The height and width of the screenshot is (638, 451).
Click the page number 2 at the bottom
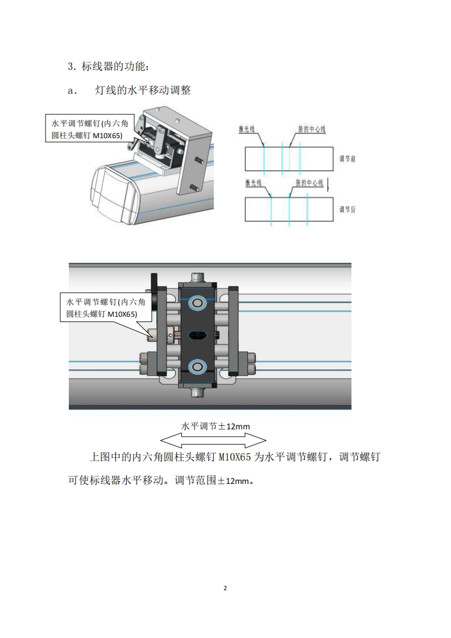coord(225,587)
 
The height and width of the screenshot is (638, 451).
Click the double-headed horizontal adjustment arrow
coord(213,439)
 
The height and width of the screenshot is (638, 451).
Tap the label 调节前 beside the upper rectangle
coord(347,159)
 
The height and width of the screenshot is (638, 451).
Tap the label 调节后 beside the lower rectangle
coord(347,209)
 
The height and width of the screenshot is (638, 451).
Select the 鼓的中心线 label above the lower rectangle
coord(309,183)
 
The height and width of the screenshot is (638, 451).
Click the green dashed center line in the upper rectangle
coord(289,159)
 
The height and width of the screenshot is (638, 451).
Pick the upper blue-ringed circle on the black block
coord(198,303)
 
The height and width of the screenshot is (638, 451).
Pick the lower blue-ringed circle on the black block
coord(198,366)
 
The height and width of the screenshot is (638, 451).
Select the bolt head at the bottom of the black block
coord(198,392)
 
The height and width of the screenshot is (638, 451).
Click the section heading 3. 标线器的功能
coord(108,67)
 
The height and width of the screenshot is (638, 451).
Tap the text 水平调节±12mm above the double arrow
coord(216,425)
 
